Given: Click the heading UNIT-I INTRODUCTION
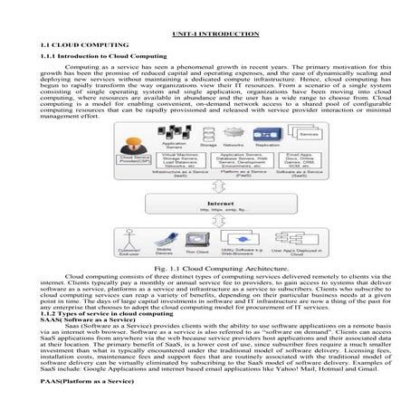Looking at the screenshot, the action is click(x=205, y=33).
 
